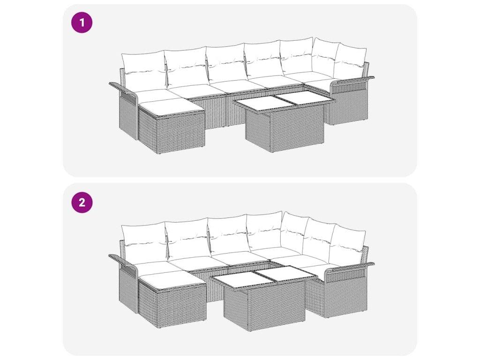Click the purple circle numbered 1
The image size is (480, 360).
click(x=82, y=22)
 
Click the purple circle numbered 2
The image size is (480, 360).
click(x=82, y=202)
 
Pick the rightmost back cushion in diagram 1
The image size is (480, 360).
click(x=350, y=61)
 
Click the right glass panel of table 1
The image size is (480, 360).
click(x=303, y=98)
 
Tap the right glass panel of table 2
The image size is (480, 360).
click(x=283, y=273)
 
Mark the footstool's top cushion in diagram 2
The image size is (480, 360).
click(x=172, y=281)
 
